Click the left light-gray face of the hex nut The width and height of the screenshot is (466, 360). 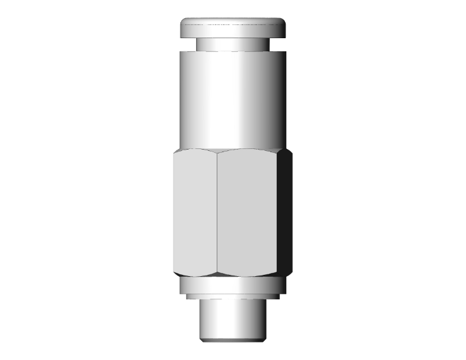click(195, 213)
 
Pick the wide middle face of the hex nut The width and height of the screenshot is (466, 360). click(247, 213)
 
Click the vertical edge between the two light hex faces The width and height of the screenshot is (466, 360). click(217, 213)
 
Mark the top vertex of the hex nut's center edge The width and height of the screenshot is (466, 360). click(217, 152)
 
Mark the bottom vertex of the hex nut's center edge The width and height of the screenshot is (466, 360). click(217, 275)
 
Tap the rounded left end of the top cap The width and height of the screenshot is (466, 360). click(183, 29)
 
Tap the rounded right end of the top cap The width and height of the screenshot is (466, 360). click(284, 29)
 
